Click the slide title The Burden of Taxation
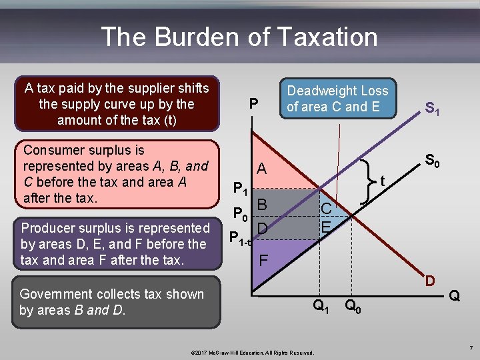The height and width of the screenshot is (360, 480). click(x=239, y=37)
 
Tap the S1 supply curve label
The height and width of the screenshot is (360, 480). click(x=432, y=108)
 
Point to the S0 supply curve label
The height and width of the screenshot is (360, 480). click(x=432, y=161)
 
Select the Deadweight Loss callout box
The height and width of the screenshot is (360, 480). click(x=337, y=98)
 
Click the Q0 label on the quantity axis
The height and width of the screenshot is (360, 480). click(x=354, y=307)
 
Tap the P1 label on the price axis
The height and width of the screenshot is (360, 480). click(x=240, y=189)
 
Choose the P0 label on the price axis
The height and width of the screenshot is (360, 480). click(x=240, y=215)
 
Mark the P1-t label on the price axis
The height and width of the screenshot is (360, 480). click(x=239, y=237)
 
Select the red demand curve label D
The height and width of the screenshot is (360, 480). click(x=430, y=281)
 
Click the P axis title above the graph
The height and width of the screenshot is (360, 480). click(x=253, y=104)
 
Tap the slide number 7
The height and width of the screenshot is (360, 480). click(x=470, y=348)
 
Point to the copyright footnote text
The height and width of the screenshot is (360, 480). click(x=253, y=351)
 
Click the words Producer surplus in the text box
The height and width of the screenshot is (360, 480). click(x=72, y=228)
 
